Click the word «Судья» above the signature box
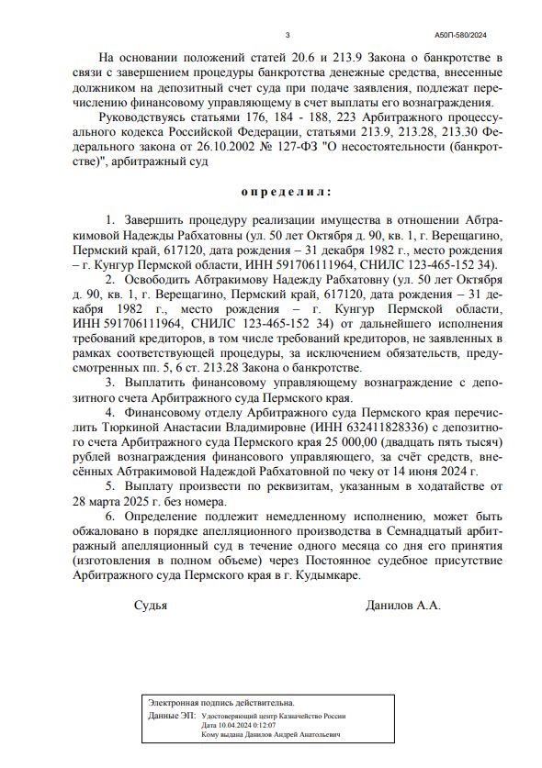pos(151,605)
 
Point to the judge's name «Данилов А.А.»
pos(403,605)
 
